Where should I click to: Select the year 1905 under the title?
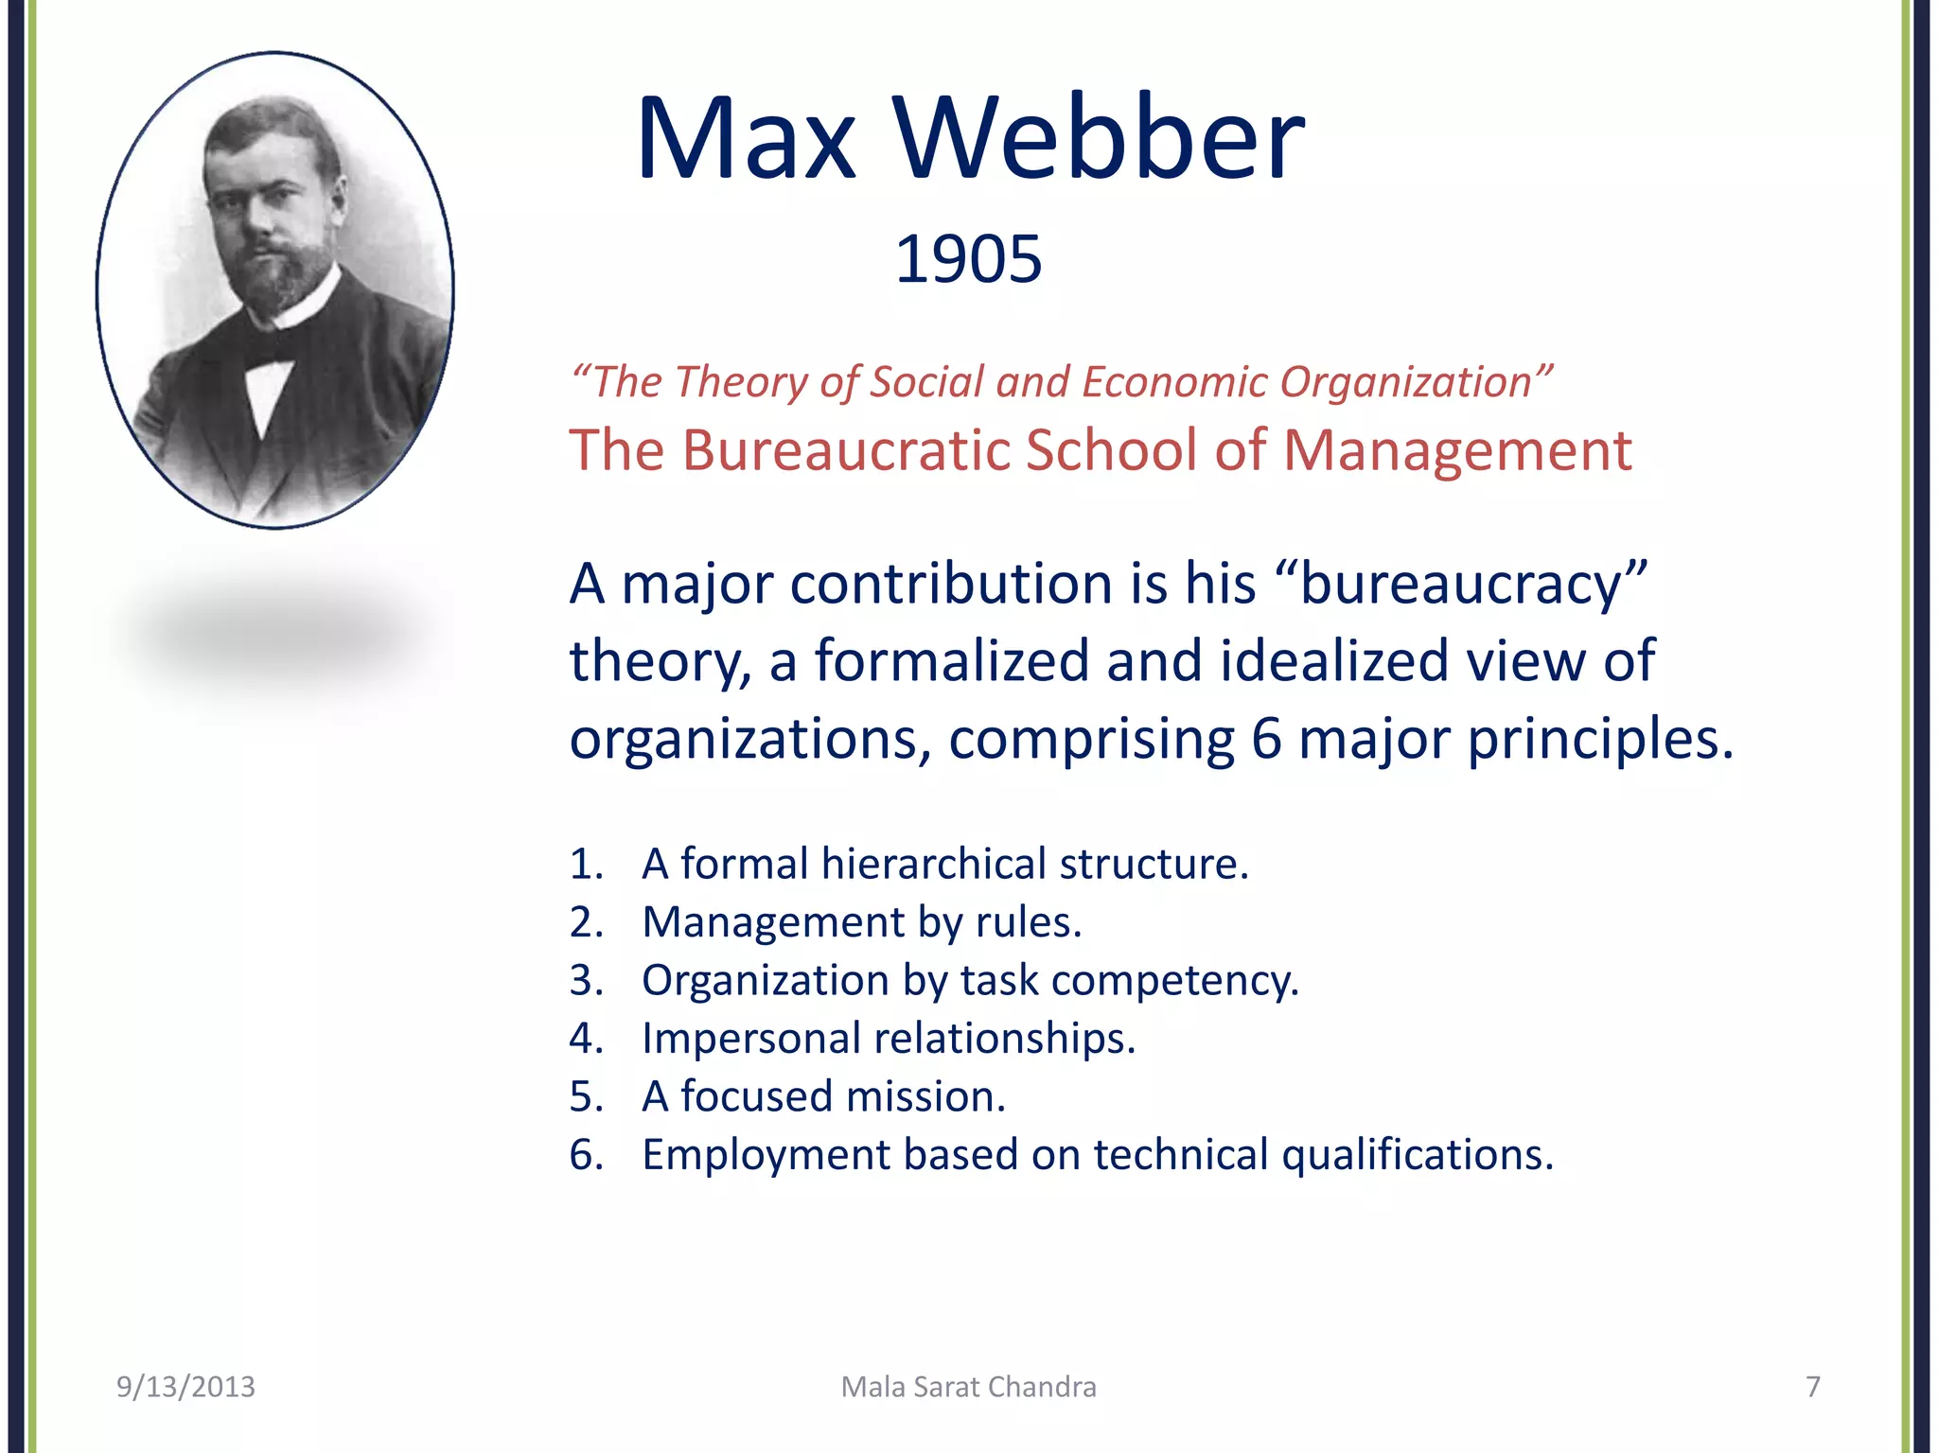968,259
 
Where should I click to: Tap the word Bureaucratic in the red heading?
845,450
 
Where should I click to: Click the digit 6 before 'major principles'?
1266,739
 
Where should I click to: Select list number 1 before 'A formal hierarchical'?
584,865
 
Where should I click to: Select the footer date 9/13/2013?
185,1387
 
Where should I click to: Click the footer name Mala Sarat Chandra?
968,1387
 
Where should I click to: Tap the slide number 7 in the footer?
1812,1387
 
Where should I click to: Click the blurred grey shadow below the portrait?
274,629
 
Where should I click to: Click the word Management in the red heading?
1457,450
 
